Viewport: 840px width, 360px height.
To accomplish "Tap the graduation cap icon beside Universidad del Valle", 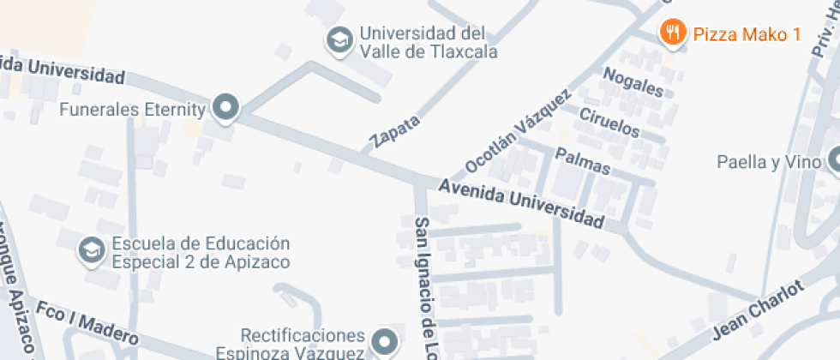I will [339, 39].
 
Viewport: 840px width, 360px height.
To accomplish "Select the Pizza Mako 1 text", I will [747, 34].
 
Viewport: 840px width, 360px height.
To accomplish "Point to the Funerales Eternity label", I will [133, 109].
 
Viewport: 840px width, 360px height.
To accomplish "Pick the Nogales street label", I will [633, 82].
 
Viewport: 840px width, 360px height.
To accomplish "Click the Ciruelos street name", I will [609, 123].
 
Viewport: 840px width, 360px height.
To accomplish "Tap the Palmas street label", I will [583, 160].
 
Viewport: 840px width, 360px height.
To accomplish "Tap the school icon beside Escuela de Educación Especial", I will [90, 251].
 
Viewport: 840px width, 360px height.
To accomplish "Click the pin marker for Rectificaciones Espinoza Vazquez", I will [385, 341].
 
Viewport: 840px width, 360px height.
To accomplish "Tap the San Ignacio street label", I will [424, 287].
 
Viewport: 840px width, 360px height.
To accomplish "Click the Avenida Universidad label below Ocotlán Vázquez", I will [520, 204].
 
